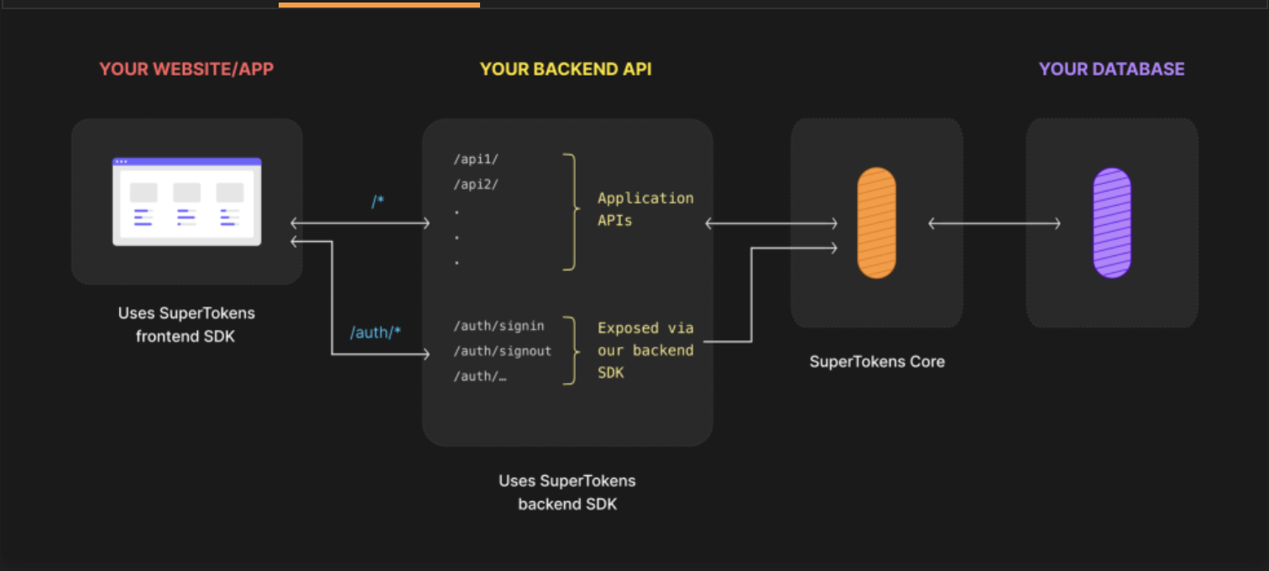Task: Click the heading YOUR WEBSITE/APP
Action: point(186,69)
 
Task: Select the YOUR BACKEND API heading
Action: point(566,69)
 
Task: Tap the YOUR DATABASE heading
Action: point(1111,69)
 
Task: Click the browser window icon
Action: point(187,202)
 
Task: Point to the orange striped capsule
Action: point(876,223)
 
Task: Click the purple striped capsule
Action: point(1112,223)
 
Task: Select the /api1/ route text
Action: point(476,160)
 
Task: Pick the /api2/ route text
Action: point(476,184)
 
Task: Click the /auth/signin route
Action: point(499,326)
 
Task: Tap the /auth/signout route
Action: point(503,351)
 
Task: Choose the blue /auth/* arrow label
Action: point(375,333)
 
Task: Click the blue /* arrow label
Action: point(378,202)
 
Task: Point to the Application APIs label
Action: point(645,209)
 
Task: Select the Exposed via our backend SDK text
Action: point(645,350)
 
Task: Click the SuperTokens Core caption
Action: point(877,362)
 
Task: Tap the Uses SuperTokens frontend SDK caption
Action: point(186,325)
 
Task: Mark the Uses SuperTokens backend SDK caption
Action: point(567,493)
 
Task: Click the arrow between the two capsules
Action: point(995,223)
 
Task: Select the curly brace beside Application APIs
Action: point(572,212)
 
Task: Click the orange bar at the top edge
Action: point(379,4)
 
